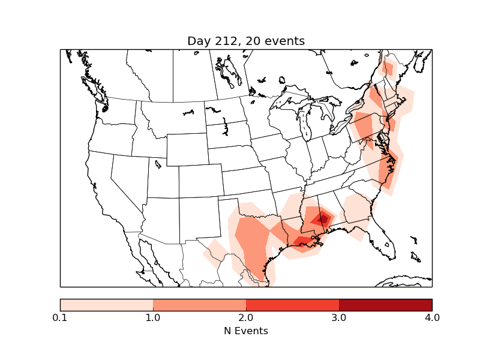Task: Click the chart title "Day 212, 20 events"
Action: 246,41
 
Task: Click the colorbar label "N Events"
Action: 246,331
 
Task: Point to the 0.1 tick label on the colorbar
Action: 60,317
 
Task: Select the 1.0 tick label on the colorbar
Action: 153,317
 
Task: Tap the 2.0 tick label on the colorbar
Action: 246,317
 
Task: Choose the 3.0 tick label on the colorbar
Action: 339,317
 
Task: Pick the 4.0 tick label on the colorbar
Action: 432,317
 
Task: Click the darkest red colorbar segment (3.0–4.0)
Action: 385,304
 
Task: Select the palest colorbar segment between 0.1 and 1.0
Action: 106,304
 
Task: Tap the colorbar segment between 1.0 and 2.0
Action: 199,304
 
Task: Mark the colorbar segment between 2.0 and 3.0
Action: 292,304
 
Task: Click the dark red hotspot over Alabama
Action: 323,219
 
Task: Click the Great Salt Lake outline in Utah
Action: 158,164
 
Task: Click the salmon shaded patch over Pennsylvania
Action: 364,126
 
